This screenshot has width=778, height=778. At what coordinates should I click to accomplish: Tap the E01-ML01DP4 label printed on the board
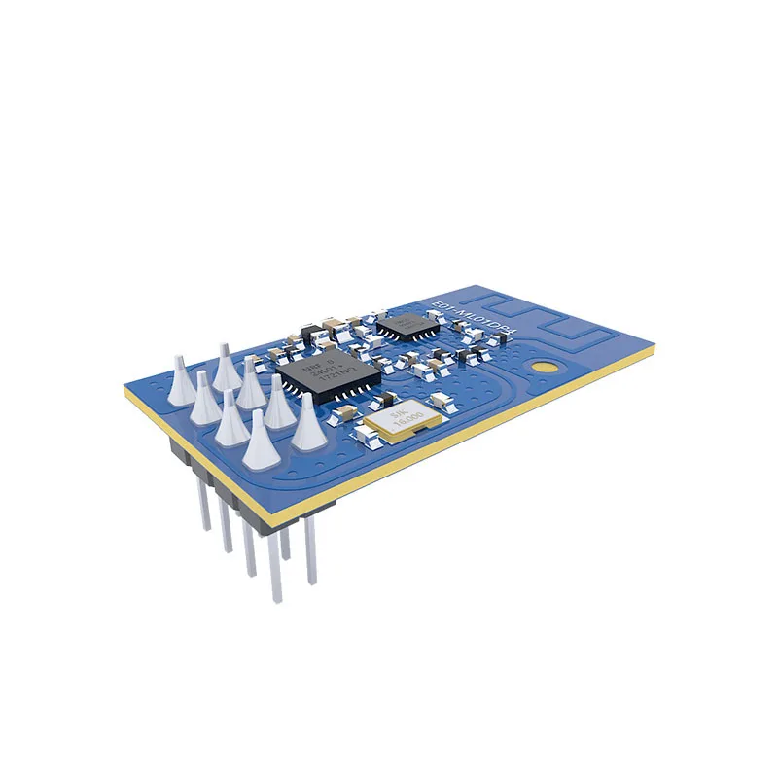(x=471, y=317)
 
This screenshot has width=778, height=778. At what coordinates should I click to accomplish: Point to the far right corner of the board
(x=653, y=350)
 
